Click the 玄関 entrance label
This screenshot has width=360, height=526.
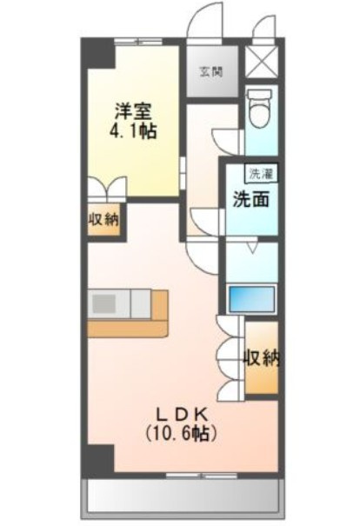tap(211, 72)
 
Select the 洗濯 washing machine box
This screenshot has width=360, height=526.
tap(261, 174)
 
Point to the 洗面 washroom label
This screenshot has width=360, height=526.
tap(251, 200)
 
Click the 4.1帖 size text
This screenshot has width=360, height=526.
tap(132, 131)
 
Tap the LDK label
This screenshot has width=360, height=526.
tap(183, 416)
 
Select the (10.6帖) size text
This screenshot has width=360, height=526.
tap(181, 435)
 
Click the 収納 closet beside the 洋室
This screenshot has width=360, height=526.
tap(103, 220)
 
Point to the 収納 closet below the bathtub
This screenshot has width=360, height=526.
tap(262, 358)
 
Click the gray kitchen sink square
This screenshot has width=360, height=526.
tap(103, 303)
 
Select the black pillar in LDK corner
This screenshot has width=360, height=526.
tap(100, 458)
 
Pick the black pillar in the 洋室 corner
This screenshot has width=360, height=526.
tap(100, 55)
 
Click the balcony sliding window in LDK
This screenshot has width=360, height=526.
tap(202, 475)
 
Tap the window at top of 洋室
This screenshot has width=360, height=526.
tap(138, 42)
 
